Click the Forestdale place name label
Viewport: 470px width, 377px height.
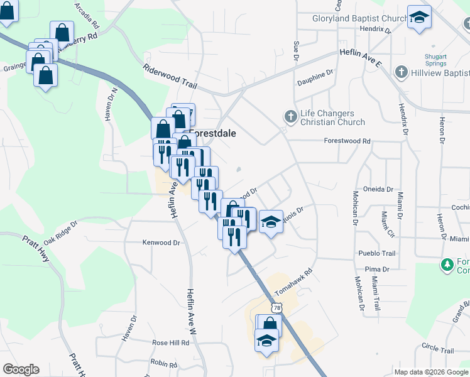(212, 134)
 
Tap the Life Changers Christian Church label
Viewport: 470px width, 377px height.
(332, 117)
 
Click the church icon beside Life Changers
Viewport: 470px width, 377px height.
(290, 116)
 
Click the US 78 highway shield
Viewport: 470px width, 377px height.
(276, 308)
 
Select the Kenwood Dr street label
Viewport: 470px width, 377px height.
(161, 242)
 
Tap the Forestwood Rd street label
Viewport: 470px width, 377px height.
(347, 141)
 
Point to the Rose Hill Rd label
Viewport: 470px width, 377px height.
(171, 343)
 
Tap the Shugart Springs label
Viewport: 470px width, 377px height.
(435, 60)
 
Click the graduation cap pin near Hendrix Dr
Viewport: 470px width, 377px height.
(419, 17)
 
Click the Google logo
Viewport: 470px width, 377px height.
(21, 369)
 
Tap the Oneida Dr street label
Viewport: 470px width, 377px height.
(378, 189)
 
